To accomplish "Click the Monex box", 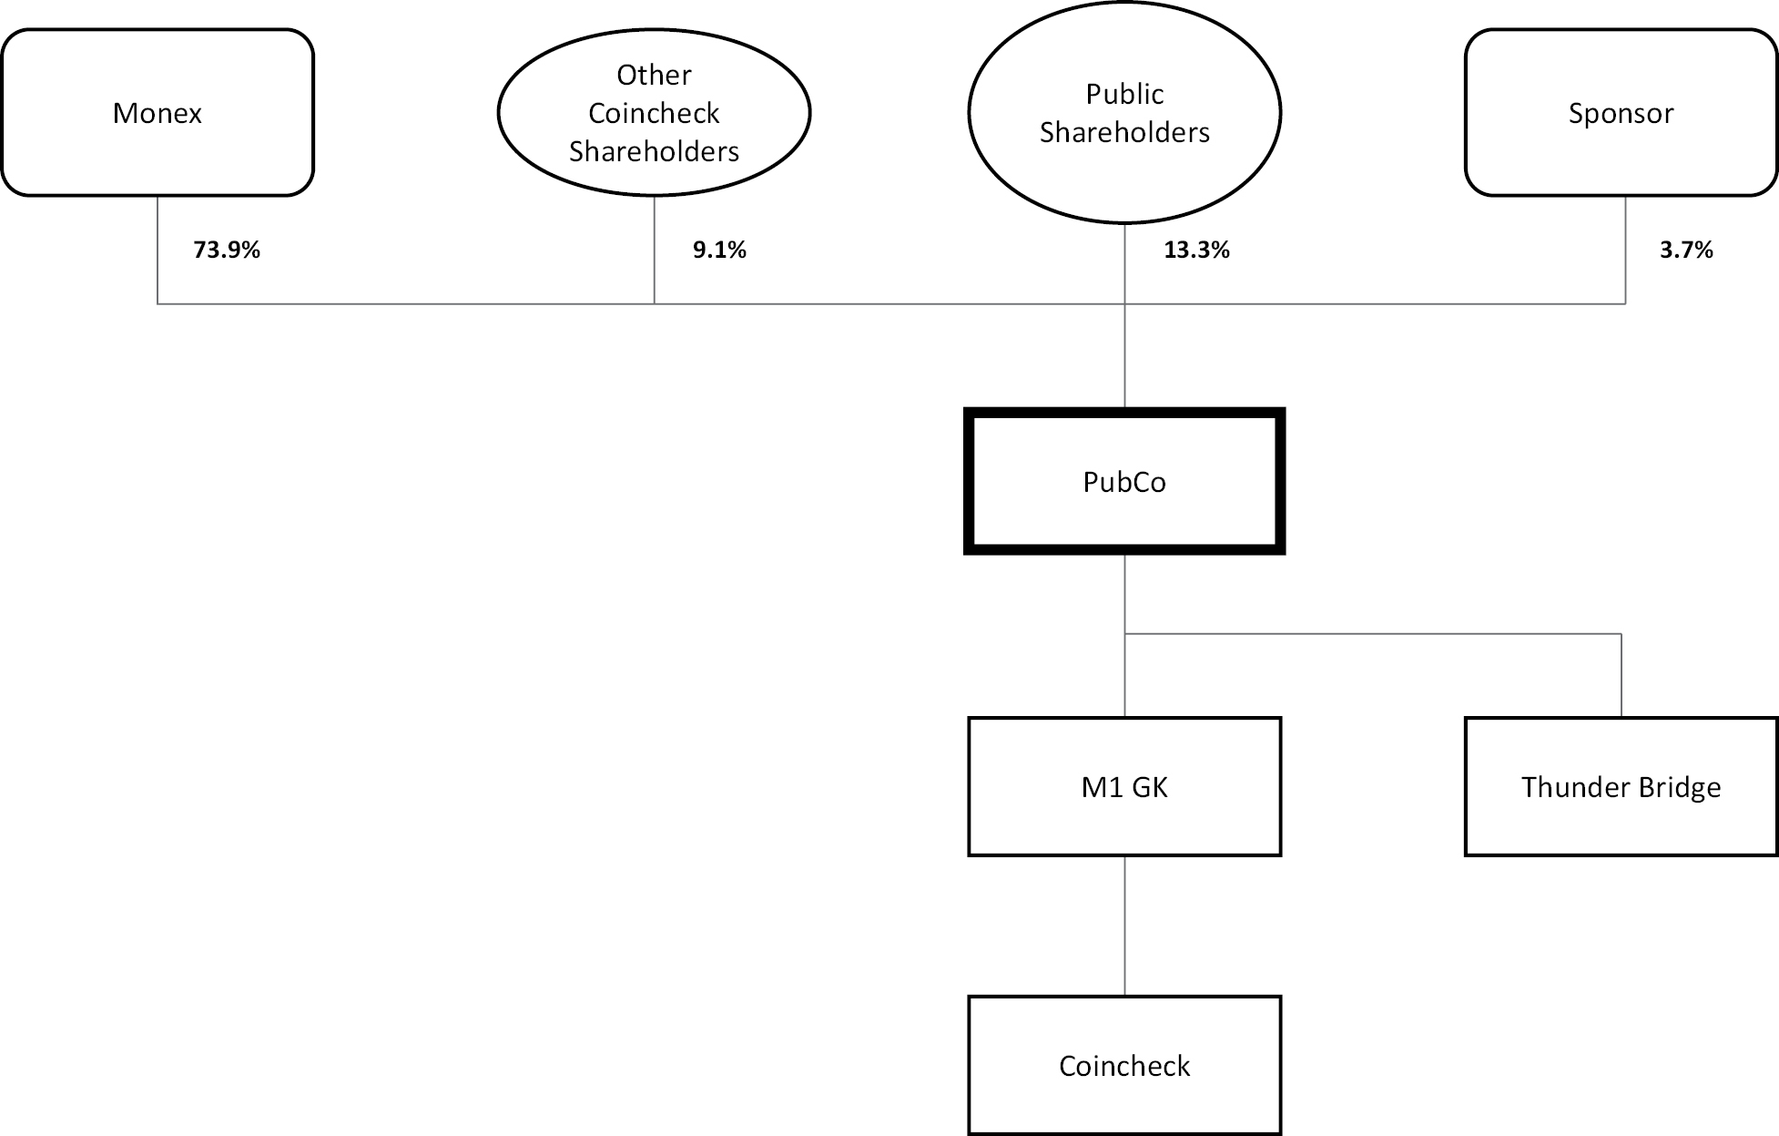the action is (158, 112).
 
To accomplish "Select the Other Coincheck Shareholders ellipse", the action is (654, 112).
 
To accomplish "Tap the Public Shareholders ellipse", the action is (1124, 112).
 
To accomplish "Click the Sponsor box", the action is (1621, 112).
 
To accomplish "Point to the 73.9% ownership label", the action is (227, 251).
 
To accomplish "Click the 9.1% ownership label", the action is (719, 251).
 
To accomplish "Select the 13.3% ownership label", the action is (1196, 251).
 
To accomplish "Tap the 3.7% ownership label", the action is (1686, 251).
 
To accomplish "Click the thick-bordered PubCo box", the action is (1124, 481).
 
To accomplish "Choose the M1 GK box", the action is (1124, 786).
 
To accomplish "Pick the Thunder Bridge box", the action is (1621, 786).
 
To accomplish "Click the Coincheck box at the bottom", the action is (1124, 1065).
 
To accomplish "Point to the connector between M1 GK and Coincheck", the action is (1124, 926).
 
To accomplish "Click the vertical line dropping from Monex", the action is (158, 250).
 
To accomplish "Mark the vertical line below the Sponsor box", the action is (1625, 250).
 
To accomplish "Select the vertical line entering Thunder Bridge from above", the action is (1621, 675).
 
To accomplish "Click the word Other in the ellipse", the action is (654, 75).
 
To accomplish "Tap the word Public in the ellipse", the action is (1124, 95).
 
